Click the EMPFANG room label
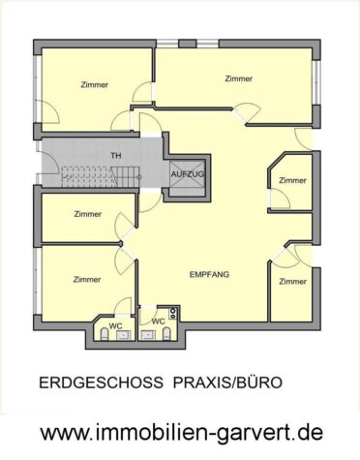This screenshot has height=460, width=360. click(209, 275)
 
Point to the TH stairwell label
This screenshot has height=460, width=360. click(116, 154)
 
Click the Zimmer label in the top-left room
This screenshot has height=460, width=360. click(95, 84)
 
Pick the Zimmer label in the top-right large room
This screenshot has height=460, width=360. click(237, 78)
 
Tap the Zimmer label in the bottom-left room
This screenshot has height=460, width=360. click(86, 279)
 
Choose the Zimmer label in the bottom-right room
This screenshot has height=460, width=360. click(292, 281)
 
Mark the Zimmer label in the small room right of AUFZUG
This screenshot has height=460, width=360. click(292, 180)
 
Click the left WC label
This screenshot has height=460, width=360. click(114, 325)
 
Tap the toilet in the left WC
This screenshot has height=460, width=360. click(104, 335)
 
